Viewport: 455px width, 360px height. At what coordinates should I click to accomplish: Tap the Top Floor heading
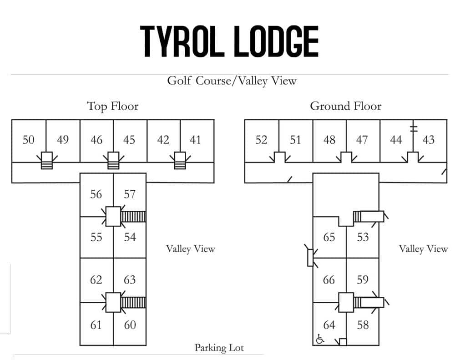tap(112, 106)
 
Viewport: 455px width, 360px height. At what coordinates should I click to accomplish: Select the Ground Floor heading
tap(345, 106)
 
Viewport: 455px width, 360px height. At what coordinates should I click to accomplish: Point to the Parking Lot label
tap(219, 348)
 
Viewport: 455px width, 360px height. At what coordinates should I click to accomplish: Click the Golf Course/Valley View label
tap(232, 81)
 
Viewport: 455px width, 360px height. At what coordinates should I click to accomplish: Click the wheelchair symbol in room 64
tap(320, 339)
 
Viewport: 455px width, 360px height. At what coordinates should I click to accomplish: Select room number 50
tap(28, 140)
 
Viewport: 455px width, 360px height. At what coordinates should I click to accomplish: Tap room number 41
tap(195, 140)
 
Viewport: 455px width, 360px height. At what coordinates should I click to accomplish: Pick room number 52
tap(261, 140)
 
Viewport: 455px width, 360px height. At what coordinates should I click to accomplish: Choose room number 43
tap(429, 140)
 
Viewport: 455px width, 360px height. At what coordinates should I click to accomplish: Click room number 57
tap(130, 194)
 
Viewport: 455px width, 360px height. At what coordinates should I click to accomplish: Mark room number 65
tap(329, 237)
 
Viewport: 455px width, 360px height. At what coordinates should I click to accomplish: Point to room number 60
tap(130, 325)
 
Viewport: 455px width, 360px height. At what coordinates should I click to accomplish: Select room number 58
tap(363, 325)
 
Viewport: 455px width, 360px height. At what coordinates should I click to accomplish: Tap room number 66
tap(329, 280)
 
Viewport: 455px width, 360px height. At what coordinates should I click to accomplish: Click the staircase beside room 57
tap(134, 216)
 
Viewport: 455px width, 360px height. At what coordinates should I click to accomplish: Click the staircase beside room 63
tap(134, 302)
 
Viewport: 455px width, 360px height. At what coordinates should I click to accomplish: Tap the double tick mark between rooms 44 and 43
tap(413, 127)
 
